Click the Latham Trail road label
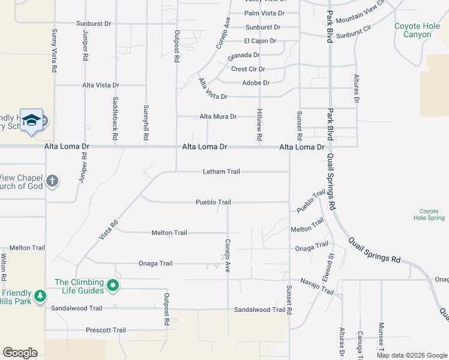coord(221,172)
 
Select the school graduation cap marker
coord(31,121)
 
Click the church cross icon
coord(53,181)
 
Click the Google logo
coord(20,353)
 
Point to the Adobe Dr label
coord(256,83)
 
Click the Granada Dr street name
coord(243,55)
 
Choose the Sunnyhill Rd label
coord(146,123)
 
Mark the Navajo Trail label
coord(317,286)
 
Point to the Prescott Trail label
coord(106,330)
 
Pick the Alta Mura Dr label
coord(218,116)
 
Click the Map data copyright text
coord(411,355)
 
